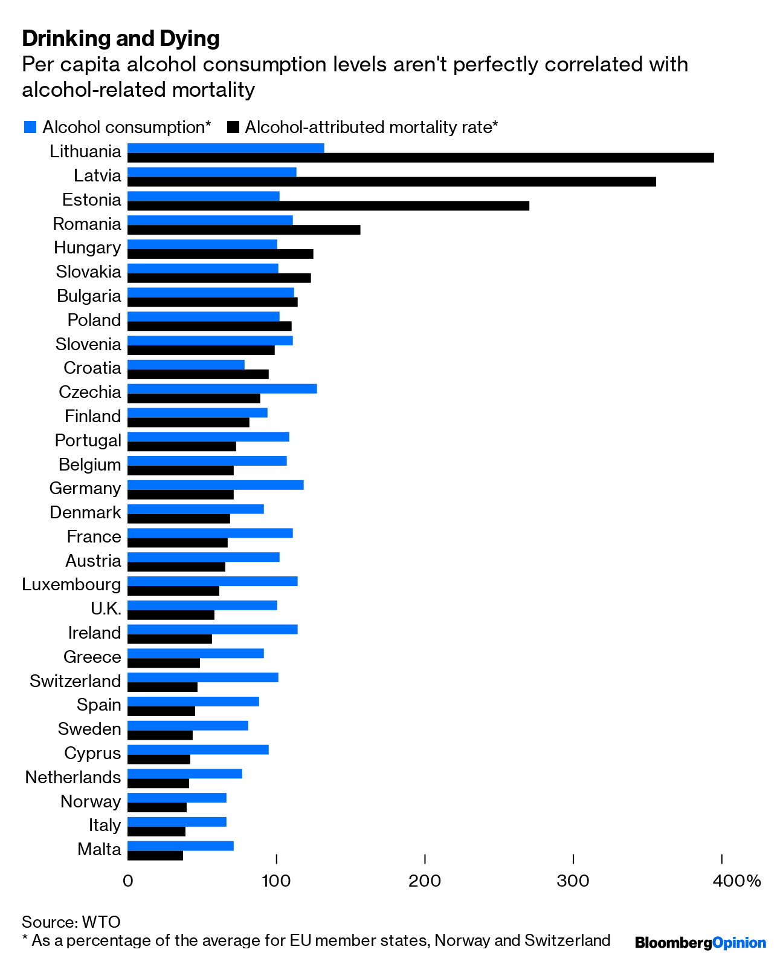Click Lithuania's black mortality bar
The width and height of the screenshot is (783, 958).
click(420, 158)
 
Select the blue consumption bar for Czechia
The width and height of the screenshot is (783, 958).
click(222, 389)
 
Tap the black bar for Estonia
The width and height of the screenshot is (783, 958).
click(328, 206)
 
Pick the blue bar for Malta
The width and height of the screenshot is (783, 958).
click(181, 846)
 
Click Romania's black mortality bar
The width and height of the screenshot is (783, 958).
click(243, 230)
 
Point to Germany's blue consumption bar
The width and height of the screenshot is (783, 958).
click(216, 485)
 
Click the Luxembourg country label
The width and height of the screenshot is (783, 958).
click(71, 585)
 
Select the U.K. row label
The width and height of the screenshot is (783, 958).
click(106, 608)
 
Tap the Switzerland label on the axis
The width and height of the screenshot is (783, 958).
click(76, 681)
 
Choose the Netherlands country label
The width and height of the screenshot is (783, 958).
click(73, 777)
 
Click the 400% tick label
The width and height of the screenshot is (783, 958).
click(736, 881)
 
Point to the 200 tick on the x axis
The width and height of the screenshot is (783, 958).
click(425, 881)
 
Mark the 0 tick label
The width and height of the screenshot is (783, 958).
click(127, 881)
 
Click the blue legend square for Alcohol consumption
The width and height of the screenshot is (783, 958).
click(30, 127)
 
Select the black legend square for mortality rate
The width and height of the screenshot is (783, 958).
click(233, 127)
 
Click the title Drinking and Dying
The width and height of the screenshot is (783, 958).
click(121, 38)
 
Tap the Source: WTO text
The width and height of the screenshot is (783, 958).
click(71, 922)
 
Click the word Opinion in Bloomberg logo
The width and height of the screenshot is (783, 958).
click(739, 942)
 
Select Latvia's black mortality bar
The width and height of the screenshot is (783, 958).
click(391, 181)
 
